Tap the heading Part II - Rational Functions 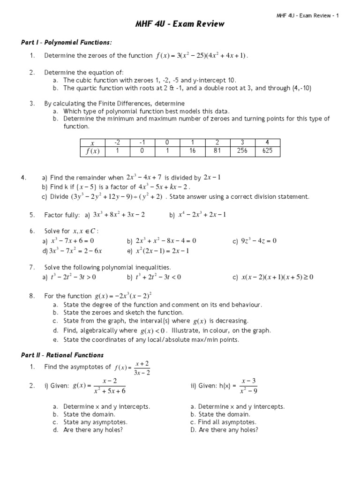pyautogui.click(x=62, y=355)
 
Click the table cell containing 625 pyautogui.click(x=267, y=151)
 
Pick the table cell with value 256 pyautogui.click(x=241, y=151)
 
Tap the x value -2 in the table pyautogui.click(x=117, y=142)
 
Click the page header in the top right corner pyautogui.click(x=307, y=15)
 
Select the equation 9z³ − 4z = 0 pyautogui.click(x=259, y=241)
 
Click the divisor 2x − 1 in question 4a pyautogui.click(x=212, y=177)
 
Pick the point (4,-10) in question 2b pyautogui.click(x=301, y=88)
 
